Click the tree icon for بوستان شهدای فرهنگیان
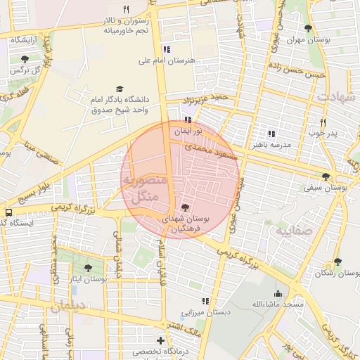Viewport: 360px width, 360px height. (184, 207)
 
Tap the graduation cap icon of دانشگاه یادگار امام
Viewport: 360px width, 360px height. (119, 89)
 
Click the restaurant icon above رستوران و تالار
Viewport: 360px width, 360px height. (127, 9)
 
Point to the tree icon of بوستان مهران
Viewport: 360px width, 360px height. (308, 28)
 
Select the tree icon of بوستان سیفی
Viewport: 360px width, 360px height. (325, 176)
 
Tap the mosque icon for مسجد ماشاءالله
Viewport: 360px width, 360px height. (278, 293)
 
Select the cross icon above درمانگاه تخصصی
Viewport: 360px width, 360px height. (160, 340)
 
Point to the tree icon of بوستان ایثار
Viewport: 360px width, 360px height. (88, 267)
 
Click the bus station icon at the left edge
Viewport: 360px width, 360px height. (8, 212)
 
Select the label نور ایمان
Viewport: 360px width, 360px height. (188, 131)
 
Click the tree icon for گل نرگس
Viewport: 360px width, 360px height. (25, 59)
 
